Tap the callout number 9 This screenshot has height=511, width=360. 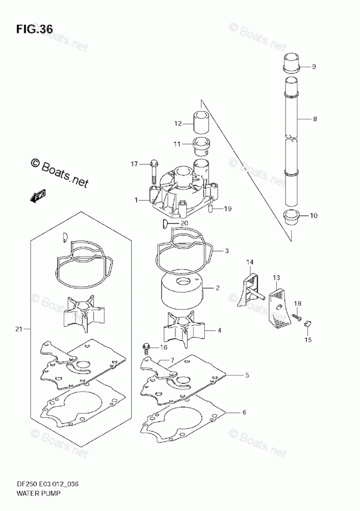[313, 67]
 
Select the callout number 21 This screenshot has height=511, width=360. [20, 329]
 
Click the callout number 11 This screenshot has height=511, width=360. [177, 144]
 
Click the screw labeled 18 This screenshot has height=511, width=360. [296, 316]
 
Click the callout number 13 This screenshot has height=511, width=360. [276, 278]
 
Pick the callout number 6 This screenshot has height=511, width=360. [244, 412]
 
